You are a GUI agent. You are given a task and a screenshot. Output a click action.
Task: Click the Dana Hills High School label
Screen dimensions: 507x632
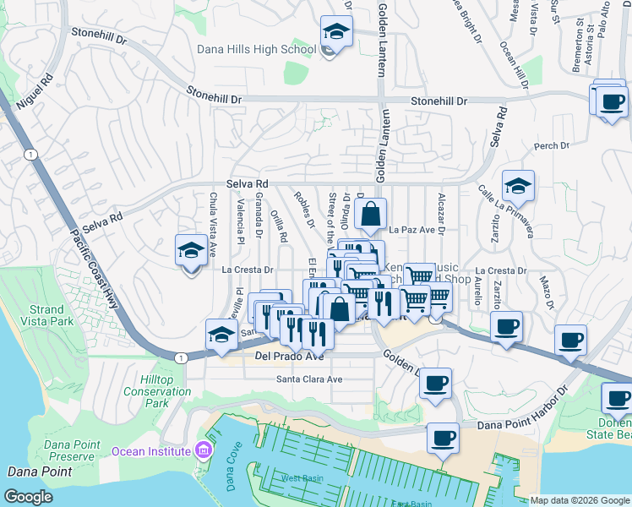click(x=256, y=50)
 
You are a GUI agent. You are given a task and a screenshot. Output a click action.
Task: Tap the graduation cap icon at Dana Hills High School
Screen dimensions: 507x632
click(x=335, y=33)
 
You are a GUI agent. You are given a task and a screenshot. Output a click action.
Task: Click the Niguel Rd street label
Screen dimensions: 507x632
click(x=34, y=89)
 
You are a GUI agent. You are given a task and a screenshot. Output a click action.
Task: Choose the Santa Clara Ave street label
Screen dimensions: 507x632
click(x=309, y=379)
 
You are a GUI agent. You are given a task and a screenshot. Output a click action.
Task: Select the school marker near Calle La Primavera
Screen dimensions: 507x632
click(x=518, y=187)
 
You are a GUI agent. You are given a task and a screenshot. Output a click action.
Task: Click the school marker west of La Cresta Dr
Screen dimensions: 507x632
click(x=192, y=251)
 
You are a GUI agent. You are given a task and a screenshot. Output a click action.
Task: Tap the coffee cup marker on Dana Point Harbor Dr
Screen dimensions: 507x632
click(x=443, y=437)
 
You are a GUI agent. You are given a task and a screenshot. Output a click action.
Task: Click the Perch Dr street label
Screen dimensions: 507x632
click(x=552, y=146)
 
